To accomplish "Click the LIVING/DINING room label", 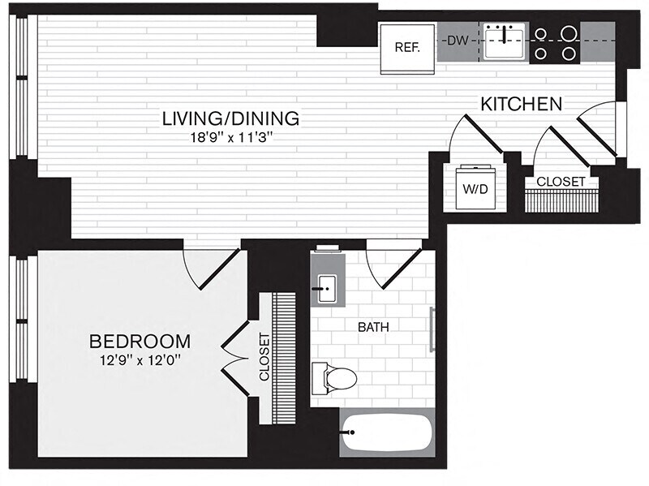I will (230, 118).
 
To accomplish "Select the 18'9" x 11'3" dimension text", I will (230, 137).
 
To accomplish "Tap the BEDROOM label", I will (140, 341).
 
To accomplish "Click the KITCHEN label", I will (522, 104).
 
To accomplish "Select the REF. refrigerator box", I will (407, 47).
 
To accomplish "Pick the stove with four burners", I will (556, 43).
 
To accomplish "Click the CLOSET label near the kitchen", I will (561, 182).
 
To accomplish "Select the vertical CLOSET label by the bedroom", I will (264, 356).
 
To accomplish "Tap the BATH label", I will (373, 328).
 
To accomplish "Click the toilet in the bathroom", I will (337, 378).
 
